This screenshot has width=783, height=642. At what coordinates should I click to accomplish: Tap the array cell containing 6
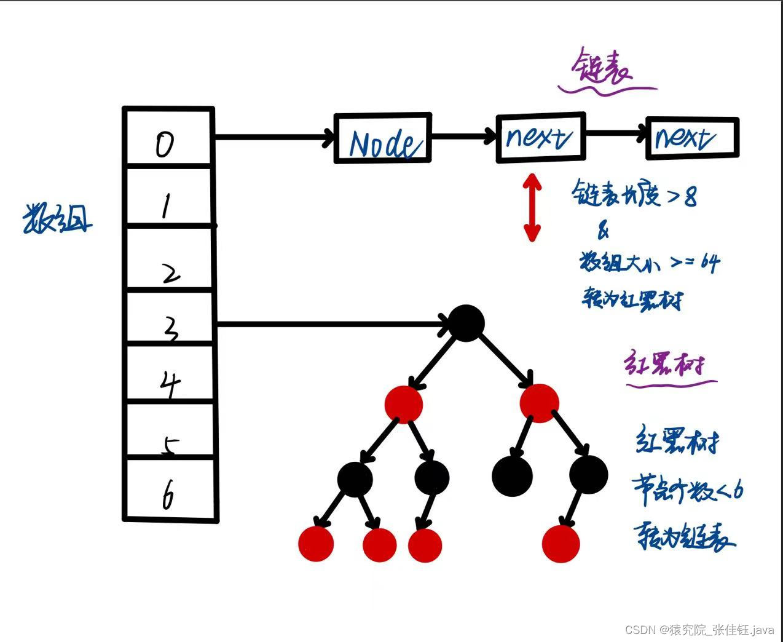tap(170, 489)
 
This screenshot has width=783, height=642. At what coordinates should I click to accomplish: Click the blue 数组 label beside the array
tap(57, 219)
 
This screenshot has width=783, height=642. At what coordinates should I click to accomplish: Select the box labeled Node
tap(382, 139)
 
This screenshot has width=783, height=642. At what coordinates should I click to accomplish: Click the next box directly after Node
tap(540, 138)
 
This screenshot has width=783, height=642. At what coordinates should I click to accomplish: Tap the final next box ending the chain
tap(691, 138)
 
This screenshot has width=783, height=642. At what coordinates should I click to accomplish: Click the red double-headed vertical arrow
tap(532, 207)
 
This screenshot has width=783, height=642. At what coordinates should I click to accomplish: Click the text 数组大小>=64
tap(649, 263)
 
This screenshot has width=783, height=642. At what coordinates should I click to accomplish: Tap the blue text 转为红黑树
tap(632, 299)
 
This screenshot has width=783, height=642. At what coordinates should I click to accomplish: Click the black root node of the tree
tap(466, 323)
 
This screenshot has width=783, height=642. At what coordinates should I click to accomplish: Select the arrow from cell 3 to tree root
tap(332, 323)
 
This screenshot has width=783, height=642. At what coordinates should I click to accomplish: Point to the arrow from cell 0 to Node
tap(273, 137)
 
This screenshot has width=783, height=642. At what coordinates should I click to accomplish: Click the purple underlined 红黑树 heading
tap(663, 365)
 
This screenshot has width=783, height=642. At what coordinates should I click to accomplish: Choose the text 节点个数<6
tap(688, 490)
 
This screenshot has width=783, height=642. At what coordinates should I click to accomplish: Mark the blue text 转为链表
tap(684, 536)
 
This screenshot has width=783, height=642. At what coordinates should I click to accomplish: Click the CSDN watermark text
tap(699, 630)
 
